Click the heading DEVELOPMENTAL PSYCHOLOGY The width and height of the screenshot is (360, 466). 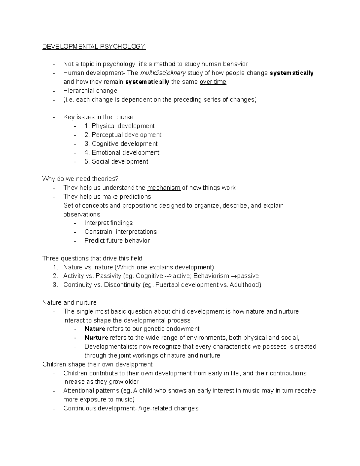pos(94,47)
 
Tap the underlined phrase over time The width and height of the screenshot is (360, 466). pos(213,82)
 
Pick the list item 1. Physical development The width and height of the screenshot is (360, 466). pos(120,126)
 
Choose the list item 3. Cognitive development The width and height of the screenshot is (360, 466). pos(121,143)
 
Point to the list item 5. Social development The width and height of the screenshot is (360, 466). pos(116,161)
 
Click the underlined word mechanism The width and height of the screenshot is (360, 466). pos(163,188)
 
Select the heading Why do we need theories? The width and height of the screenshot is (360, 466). pos(80,179)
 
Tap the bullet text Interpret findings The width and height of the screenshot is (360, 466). pos(109,223)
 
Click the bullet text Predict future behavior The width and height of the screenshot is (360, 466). pos(117,241)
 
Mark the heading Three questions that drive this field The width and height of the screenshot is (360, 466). pos(92,258)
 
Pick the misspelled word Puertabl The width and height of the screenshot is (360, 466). pos(166,285)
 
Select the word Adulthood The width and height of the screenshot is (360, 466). pos(245,285)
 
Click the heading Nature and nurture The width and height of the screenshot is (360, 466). pos(69,302)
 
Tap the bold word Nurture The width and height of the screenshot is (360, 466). pos(96,338)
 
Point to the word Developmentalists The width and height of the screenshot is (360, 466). pos(111,347)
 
